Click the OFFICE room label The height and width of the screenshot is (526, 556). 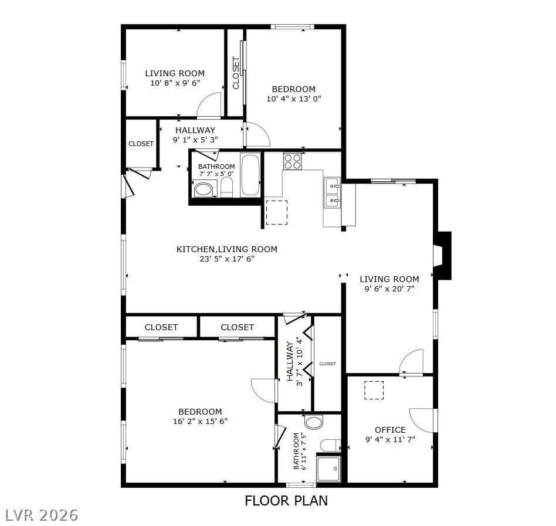[x=390, y=430]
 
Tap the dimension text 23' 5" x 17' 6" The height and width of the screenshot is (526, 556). [x=226, y=258]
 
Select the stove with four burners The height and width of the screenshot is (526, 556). [x=292, y=161]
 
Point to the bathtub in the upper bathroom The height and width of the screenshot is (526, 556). [x=250, y=175]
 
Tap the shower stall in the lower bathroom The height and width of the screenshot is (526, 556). [x=328, y=469]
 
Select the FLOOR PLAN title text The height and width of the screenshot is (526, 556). [x=286, y=501]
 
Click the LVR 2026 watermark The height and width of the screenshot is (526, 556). [x=41, y=515]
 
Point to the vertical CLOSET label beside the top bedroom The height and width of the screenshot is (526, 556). [x=236, y=73]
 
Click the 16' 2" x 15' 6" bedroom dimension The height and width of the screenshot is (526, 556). [x=200, y=421]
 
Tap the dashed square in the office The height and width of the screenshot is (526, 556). [x=374, y=390]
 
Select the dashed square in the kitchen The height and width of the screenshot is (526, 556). [x=277, y=212]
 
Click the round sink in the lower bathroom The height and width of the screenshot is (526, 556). [x=314, y=422]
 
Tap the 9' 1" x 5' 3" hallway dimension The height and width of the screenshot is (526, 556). [x=195, y=140]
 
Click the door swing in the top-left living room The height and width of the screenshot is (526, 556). [x=209, y=106]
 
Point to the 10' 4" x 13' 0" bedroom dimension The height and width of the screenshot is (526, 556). [x=294, y=99]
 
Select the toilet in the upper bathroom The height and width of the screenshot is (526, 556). [x=226, y=188]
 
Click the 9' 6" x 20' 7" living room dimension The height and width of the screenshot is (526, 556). [x=389, y=289]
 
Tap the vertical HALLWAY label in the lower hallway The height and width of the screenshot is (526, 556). [x=290, y=361]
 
